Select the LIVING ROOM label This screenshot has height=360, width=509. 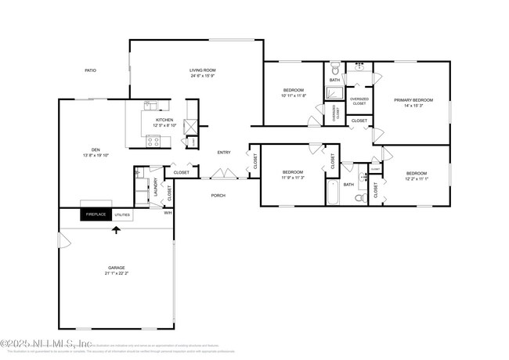tap(202, 71)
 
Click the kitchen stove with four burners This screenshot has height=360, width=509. tap(153, 142)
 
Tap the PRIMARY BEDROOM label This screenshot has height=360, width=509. tap(413, 100)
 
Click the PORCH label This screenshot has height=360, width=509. tap(219, 196)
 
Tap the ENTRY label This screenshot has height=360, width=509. tap(224, 153)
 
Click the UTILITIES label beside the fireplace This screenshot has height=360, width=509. tap(123, 214)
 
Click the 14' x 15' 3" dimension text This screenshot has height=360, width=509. tap(413, 106)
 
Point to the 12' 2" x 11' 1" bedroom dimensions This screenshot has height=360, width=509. tap(416, 178)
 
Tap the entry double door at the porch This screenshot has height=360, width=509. tap(223, 173)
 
